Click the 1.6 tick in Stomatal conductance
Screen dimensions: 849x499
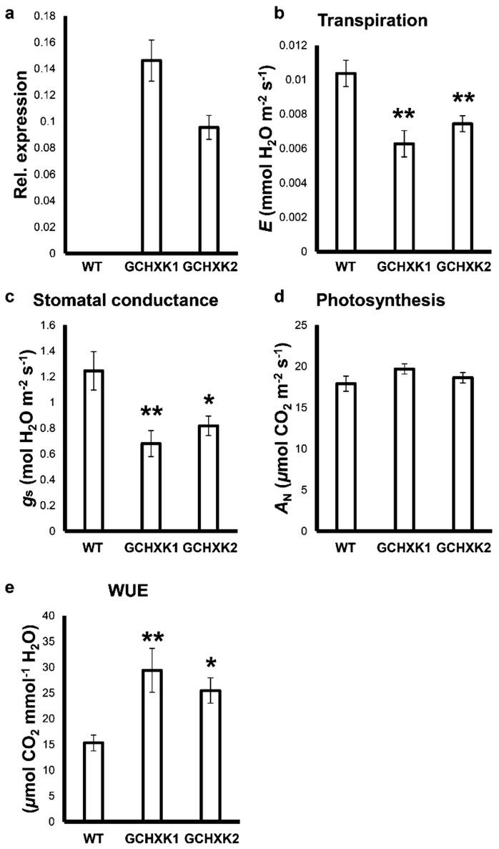(x=49, y=326)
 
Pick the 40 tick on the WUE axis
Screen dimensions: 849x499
(x=49, y=616)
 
